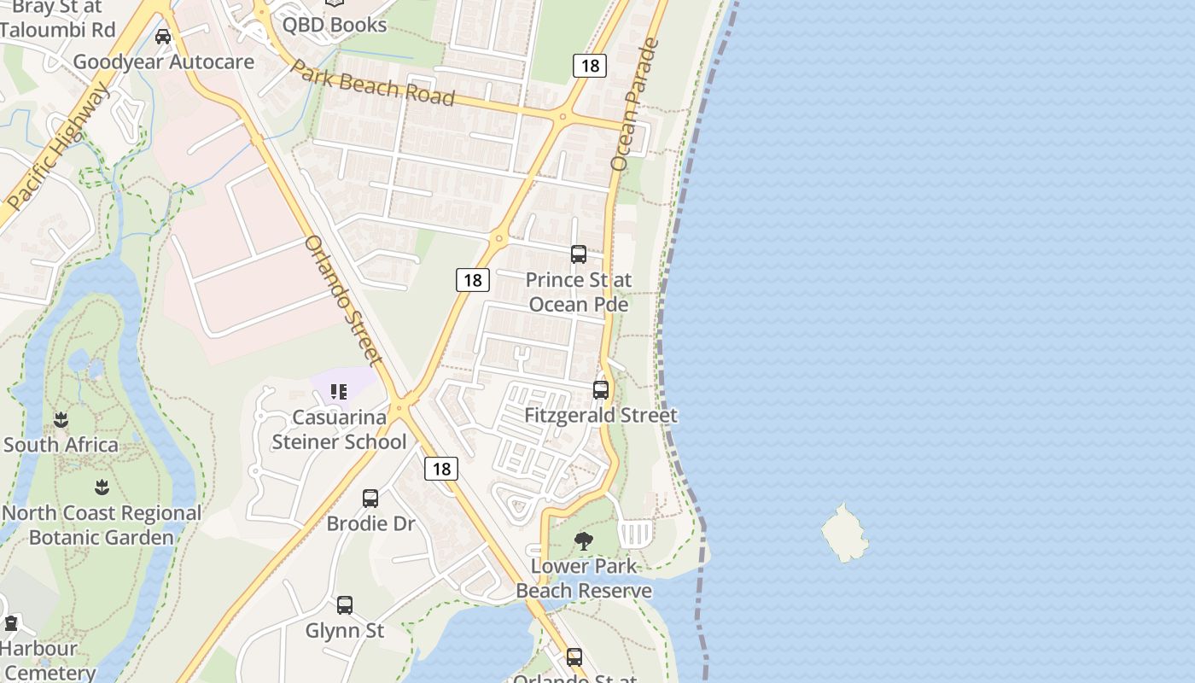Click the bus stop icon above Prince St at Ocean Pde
[579, 254]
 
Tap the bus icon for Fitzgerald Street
[601, 390]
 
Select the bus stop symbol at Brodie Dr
[370, 499]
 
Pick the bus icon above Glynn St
[345, 605]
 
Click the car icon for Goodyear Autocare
[163, 37]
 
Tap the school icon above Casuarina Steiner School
[339, 392]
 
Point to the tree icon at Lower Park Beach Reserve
[584, 540]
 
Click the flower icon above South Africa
[61, 420]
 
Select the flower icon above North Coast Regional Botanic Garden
[102, 487]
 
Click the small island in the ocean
[844, 534]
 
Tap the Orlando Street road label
[342, 300]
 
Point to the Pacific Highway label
[57, 147]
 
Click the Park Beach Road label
[373, 82]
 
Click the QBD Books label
[335, 25]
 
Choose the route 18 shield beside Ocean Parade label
[589, 66]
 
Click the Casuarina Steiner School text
[339, 429]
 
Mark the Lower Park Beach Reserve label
[584, 578]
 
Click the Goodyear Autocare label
[164, 61]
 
